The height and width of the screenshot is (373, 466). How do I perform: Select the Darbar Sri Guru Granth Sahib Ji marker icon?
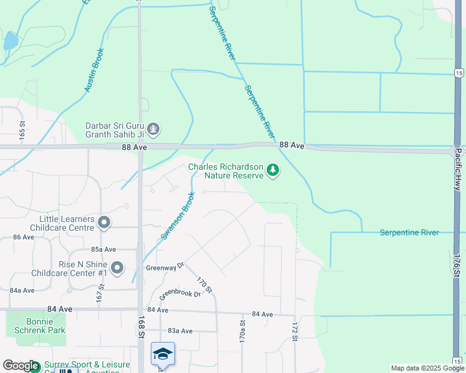coord(154,130)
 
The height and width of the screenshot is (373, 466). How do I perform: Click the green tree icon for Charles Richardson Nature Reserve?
coord(272,170)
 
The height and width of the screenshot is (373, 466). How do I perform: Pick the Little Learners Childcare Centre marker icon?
coord(104,222)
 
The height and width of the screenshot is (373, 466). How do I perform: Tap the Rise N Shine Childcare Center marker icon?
coord(117,268)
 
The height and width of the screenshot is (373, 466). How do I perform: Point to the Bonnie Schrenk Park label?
coord(44,326)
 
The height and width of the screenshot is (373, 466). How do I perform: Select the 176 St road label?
coord(457,266)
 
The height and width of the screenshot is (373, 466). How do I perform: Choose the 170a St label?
coord(242,331)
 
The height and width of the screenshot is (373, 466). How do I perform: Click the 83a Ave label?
coord(179,331)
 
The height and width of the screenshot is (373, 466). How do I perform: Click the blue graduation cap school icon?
coord(163,354)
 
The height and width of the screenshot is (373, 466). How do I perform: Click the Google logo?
coord(21,366)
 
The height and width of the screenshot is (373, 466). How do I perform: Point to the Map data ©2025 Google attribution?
coord(427,368)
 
